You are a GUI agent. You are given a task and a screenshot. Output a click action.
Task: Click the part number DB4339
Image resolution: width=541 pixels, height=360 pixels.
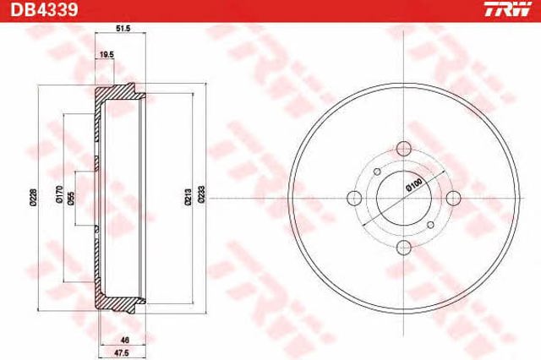[x=44, y=10]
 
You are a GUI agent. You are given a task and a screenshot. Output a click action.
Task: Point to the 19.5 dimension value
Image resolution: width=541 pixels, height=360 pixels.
[x=107, y=54]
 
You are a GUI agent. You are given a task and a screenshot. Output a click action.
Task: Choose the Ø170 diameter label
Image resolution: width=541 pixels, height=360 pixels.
[x=59, y=195]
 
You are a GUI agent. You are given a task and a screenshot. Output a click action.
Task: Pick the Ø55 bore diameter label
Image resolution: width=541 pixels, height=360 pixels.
[x=71, y=199]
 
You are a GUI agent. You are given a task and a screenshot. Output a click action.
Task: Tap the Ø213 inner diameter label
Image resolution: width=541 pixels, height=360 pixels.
[x=188, y=197]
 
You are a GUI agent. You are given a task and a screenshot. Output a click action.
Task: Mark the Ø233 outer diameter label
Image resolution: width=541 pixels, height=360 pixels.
[x=201, y=195]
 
